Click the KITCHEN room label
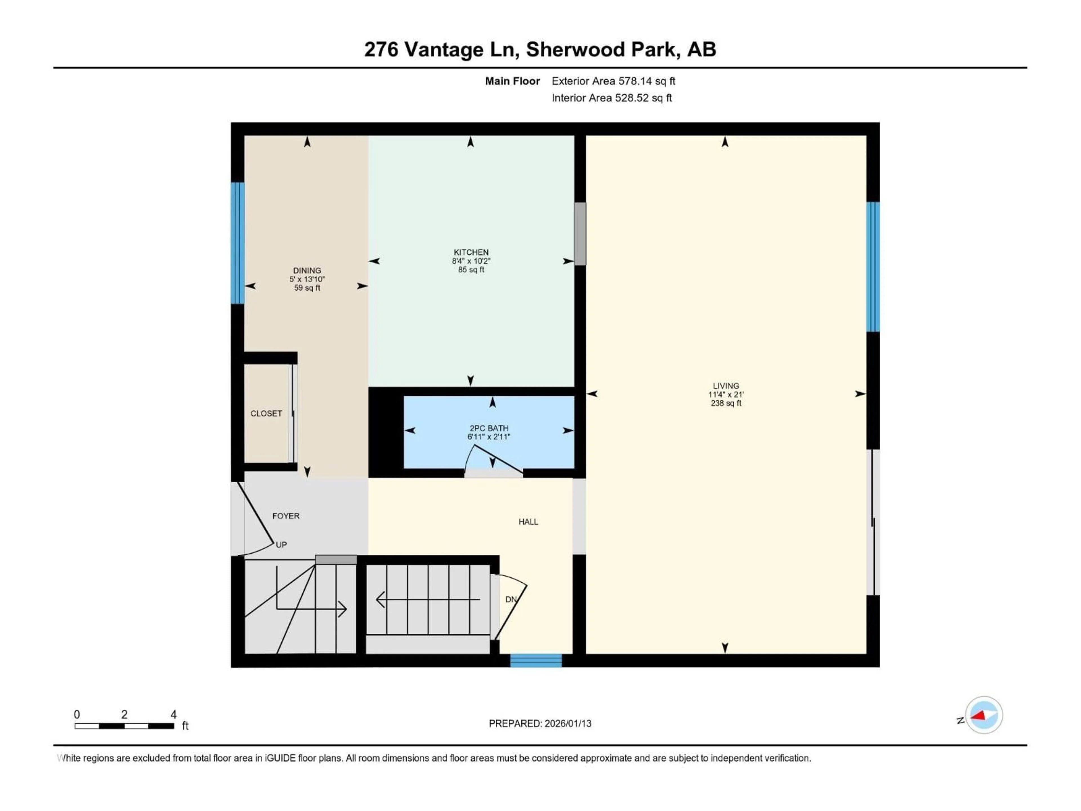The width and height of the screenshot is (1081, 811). pos(471,252)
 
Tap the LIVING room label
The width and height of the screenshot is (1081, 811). pos(726,386)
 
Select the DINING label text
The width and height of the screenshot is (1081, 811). pos(307,270)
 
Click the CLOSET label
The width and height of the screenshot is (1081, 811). pos(266,414)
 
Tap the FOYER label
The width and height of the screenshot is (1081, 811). pos(286,516)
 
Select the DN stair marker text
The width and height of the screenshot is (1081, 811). pos(511,599)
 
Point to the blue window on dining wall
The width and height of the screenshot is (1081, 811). pos(238,243)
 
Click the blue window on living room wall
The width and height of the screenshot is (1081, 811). pos(873,267)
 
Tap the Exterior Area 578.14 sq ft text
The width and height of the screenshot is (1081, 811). pos(613,81)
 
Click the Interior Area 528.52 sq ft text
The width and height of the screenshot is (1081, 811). pos(611,98)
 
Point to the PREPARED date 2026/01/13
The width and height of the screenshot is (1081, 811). pos(540,723)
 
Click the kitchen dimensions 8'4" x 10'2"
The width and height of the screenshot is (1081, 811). pos(471,261)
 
